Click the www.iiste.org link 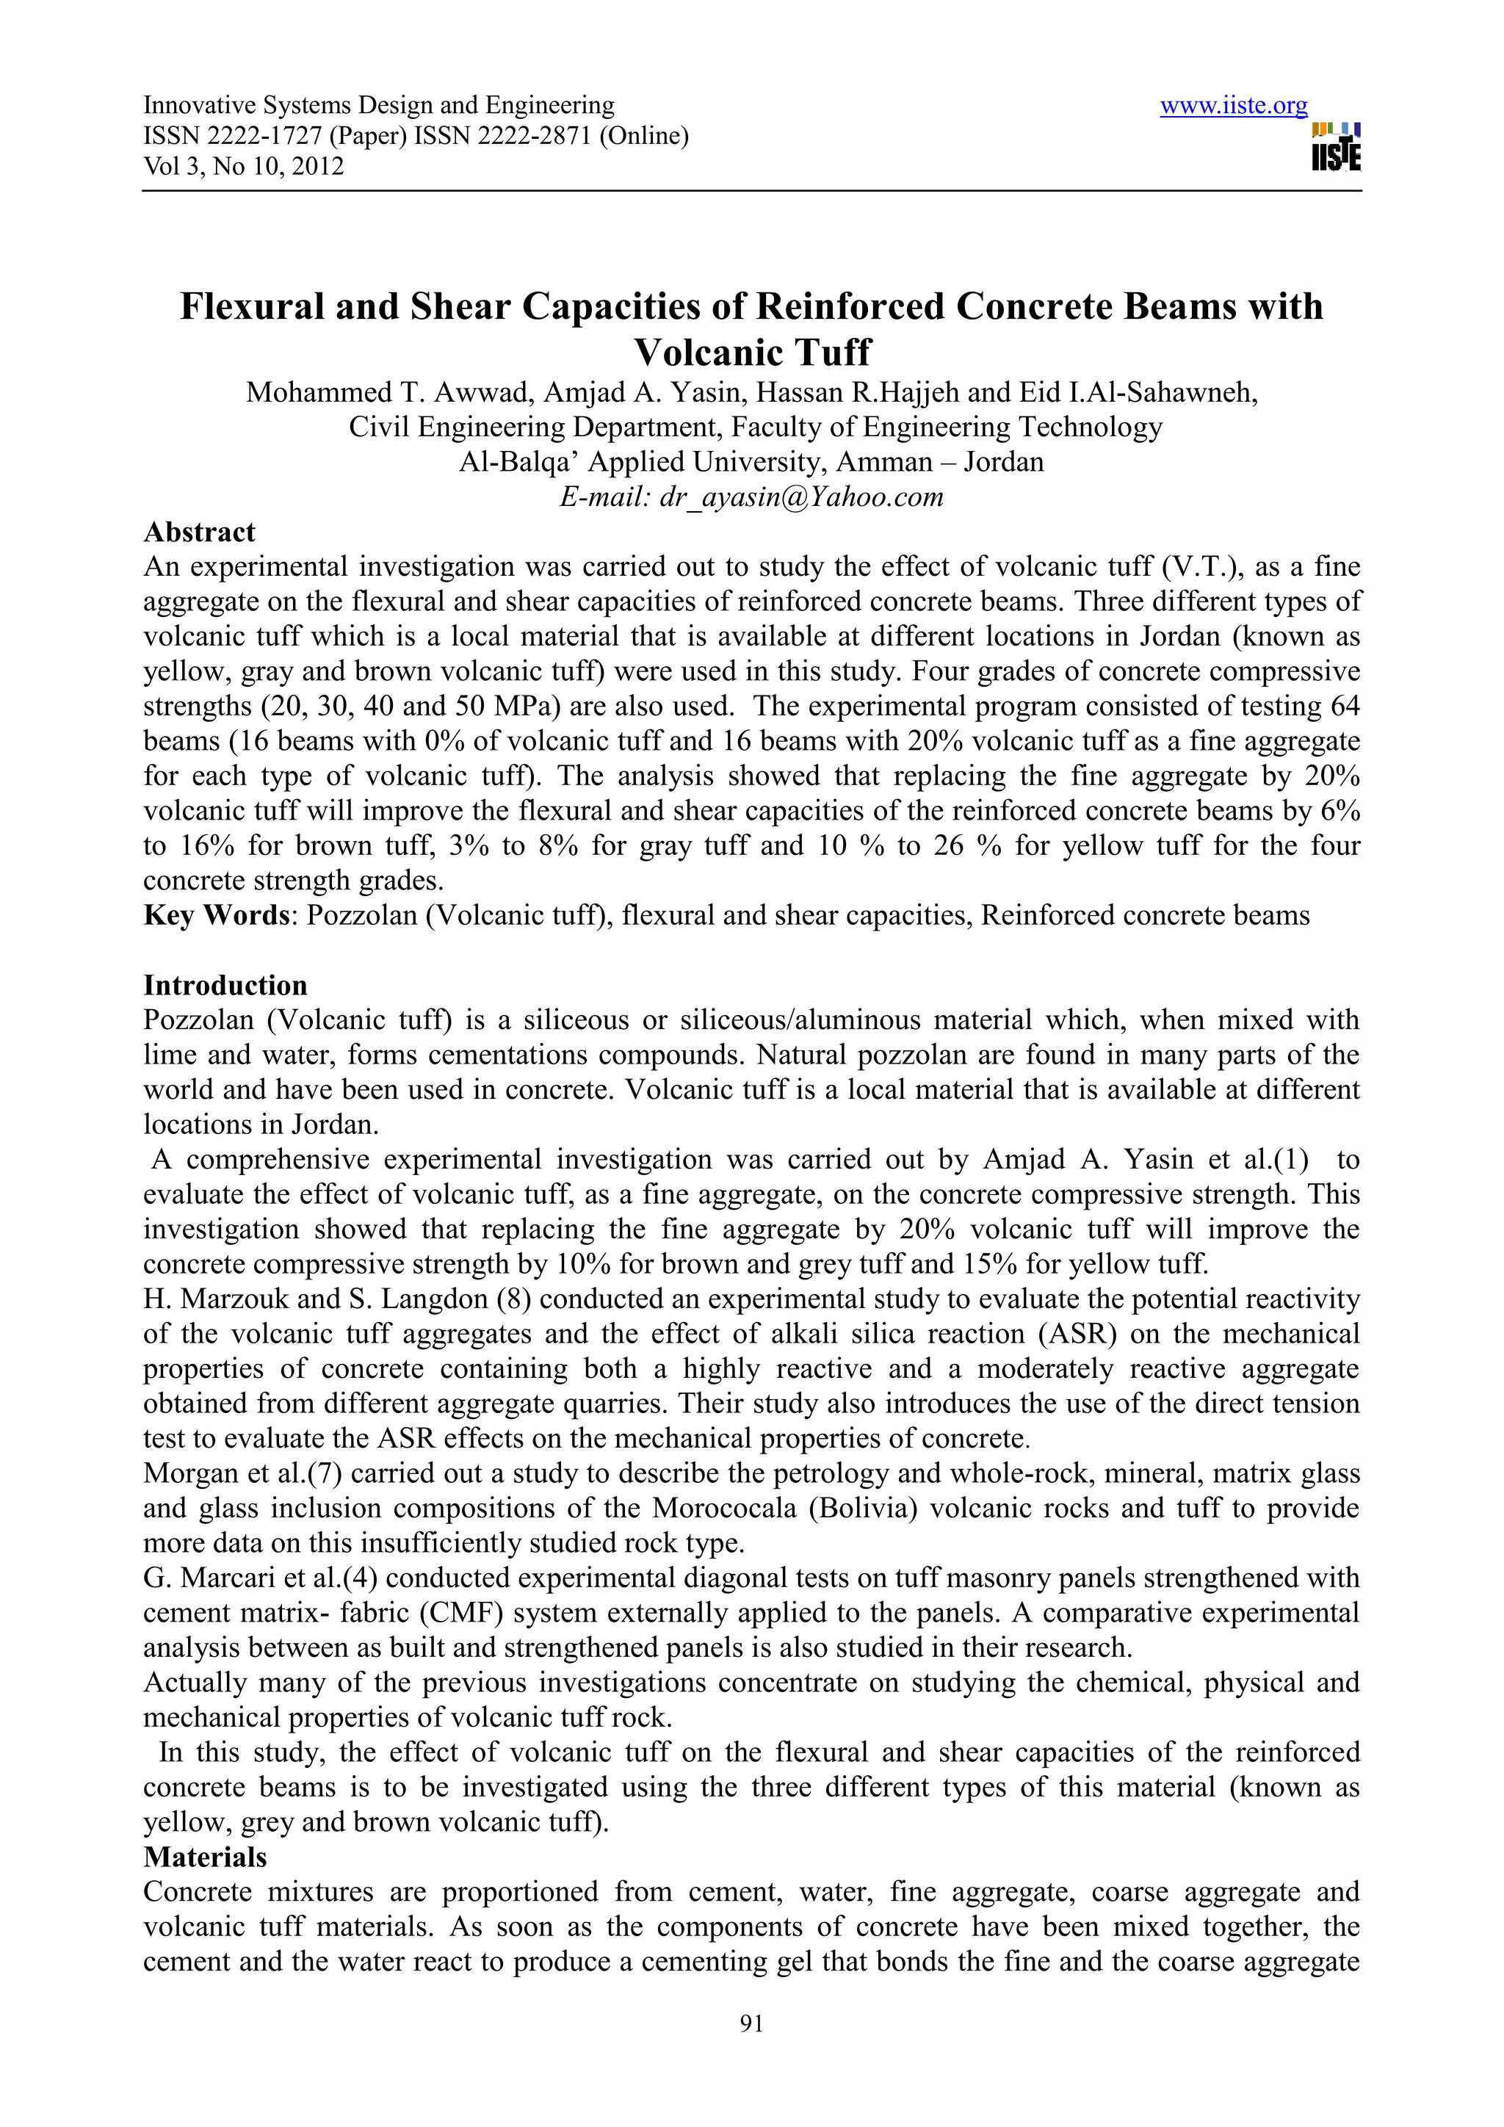[1234, 106]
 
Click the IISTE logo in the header [1335, 148]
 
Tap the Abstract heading [199, 532]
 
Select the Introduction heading [225, 985]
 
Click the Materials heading [205, 1857]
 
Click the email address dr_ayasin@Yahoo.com [801, 497]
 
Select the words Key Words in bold [217, 915]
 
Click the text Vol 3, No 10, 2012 [244, 167]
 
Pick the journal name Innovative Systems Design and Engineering [379, 106]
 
